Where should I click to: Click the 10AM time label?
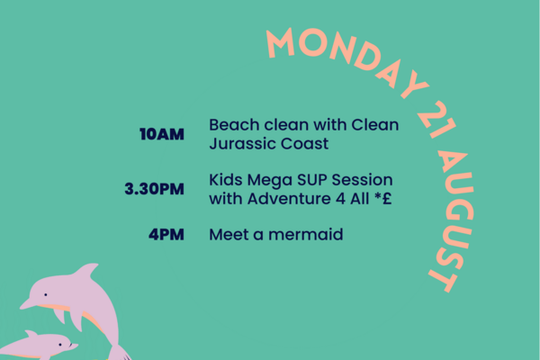[x=162, y=134]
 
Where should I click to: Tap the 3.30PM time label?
[x=154, y=189]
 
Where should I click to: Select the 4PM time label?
[x=166, y=234]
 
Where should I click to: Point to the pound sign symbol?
[x=387, y=198]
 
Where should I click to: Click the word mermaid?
[x=306, y=234]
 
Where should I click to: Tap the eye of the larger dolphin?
[x=46, y=294]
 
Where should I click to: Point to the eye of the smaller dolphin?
[x=60, y=344]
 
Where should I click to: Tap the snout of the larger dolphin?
[x=27, y=304]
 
